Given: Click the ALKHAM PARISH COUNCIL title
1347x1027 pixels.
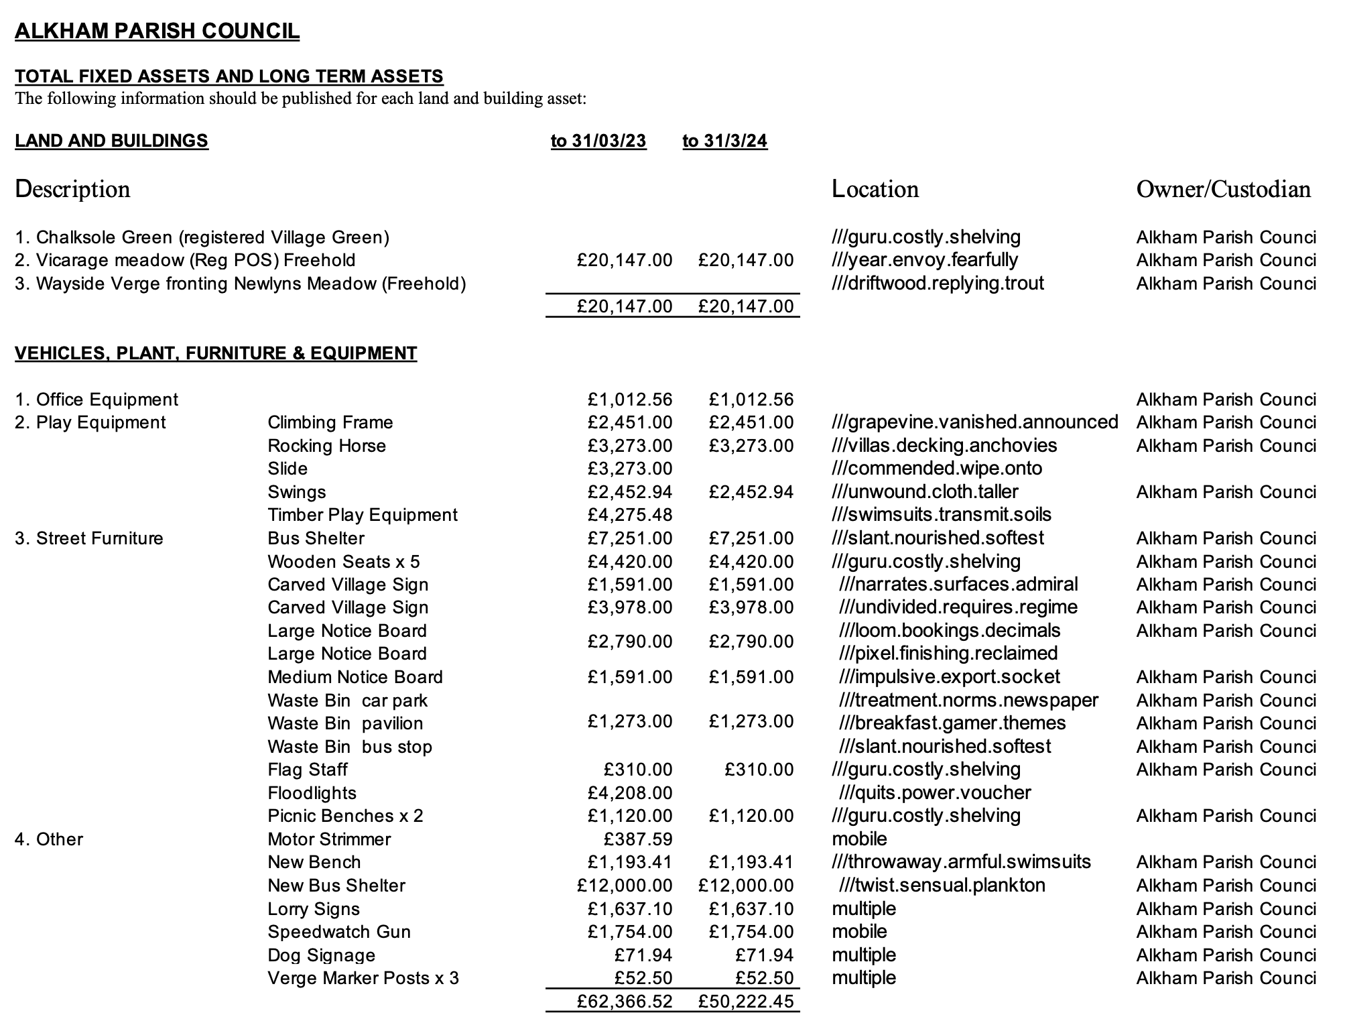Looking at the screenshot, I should (x=157, y=32).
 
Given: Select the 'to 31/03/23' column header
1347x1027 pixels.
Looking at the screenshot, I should (x=598, y=141).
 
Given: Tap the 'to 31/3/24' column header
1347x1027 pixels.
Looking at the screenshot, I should (x=724, y=141).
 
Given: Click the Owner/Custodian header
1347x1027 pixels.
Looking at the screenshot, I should (x=1223, y=189).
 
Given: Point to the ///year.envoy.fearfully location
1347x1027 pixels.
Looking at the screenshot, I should (x=924, y=260).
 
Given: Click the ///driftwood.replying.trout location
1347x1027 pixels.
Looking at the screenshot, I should (x=938, y=284).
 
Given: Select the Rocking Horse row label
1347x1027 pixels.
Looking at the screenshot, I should (x=326, y=446).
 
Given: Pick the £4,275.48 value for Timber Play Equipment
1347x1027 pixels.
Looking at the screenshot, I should (x=629, y=515).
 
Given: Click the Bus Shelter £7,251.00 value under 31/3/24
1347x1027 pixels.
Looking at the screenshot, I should (x=751, y=538).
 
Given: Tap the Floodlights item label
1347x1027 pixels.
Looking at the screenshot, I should (x=312, y=793).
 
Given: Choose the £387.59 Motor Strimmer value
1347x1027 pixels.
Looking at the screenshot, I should (x=637, y=839).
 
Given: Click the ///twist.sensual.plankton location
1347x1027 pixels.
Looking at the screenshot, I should (x=942, y=886).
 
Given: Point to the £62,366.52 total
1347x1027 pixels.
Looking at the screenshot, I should (x=624, y=1002).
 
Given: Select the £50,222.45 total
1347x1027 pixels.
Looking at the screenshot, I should (x=745, y=1002).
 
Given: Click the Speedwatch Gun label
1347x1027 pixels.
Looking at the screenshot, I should (x=339, y=932).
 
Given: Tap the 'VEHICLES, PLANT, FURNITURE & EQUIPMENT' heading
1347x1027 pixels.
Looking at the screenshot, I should (x=216, y=353).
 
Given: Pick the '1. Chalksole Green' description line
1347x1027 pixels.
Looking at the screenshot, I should (x=202, y=237).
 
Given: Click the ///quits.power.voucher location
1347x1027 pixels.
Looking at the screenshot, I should (x=935, y=793).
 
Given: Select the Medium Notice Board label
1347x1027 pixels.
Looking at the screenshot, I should (x=355, y=677).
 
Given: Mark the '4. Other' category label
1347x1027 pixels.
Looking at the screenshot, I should (x=49, y=839).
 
